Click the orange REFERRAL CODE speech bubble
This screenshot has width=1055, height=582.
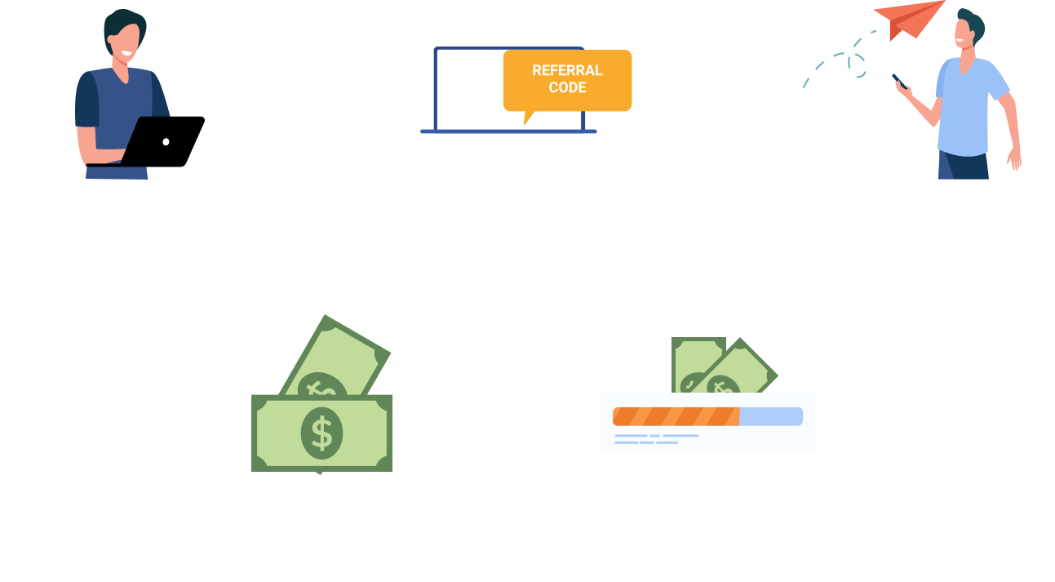click(567, 80)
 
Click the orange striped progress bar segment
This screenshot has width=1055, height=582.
click(676, 416)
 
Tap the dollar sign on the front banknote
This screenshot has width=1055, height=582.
click(322, 433)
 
